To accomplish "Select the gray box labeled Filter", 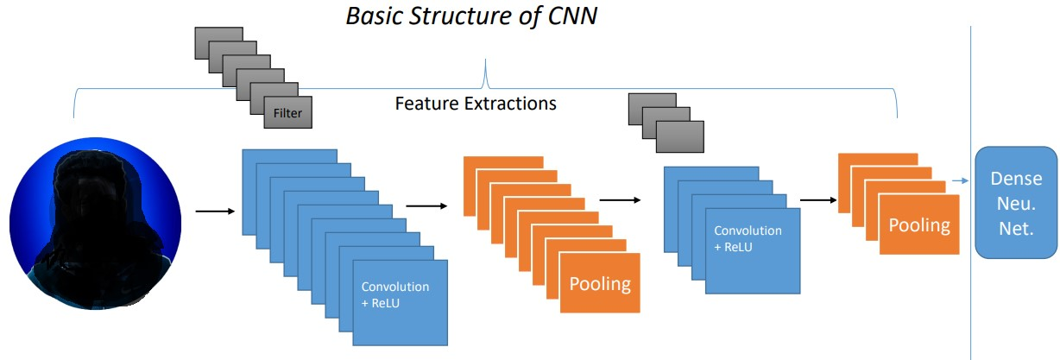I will coord(287,111).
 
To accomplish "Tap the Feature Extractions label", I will coord(475,104).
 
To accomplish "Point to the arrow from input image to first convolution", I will coord(215,210).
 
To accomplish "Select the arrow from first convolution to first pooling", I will coord(426,205).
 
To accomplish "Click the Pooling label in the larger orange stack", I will coord(599,284).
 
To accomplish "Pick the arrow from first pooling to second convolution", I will coord(620,199).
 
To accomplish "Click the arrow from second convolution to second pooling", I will coord(818,200).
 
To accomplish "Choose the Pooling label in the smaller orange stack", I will coord(919,225).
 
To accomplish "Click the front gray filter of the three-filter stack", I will coord(680,136).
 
